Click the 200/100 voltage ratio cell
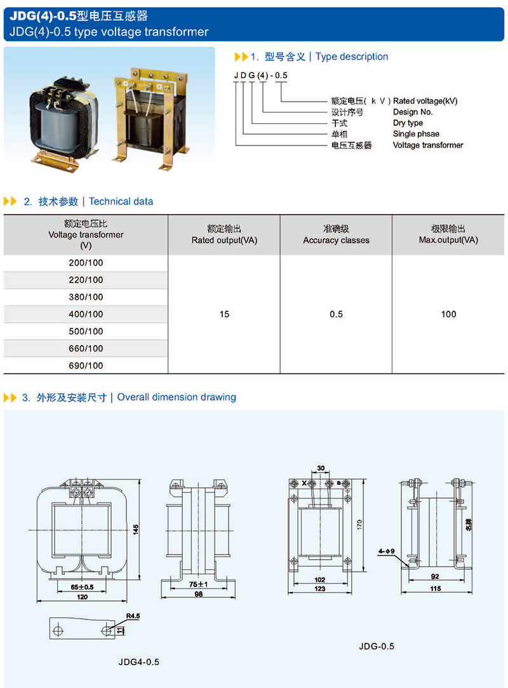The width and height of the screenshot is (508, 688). pyautogui.click(x=86, y=263)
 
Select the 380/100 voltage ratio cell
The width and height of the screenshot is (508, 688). pyautogui.click(x=86, y=297)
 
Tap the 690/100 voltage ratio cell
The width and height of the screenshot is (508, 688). pyautogui.click(x=86, y=366)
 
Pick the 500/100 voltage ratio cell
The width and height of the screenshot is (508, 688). pyautogui.click(x=86, y=332)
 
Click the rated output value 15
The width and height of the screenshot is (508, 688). pyautogui.click(x=224, y=314)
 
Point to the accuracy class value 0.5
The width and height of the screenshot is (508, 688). pyautogui.click(x=336, y=314)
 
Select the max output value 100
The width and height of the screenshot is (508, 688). pyautogui.click(x=448, y=314)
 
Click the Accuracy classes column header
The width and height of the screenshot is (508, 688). pyautogui.click(x=336, y=234)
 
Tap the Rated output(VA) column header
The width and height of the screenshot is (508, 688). pyautogui.click(x=224, y=234)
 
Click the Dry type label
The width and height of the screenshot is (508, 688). pyautogui.click(x=408, y=123)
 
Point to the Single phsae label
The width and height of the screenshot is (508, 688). pyautogui.click(x=416, y=134)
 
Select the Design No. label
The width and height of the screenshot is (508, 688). pyautogui.click(x=413, y=112)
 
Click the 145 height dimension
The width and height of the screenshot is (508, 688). pyautogui.click(x=135, y=529)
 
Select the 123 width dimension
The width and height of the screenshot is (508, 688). pyautogui.click(x=319, y=589)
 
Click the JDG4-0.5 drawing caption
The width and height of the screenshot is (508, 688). pyautogui.click(x=138, y=662)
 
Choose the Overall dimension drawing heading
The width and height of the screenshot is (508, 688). pyautogui.click(x=177, y=398)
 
